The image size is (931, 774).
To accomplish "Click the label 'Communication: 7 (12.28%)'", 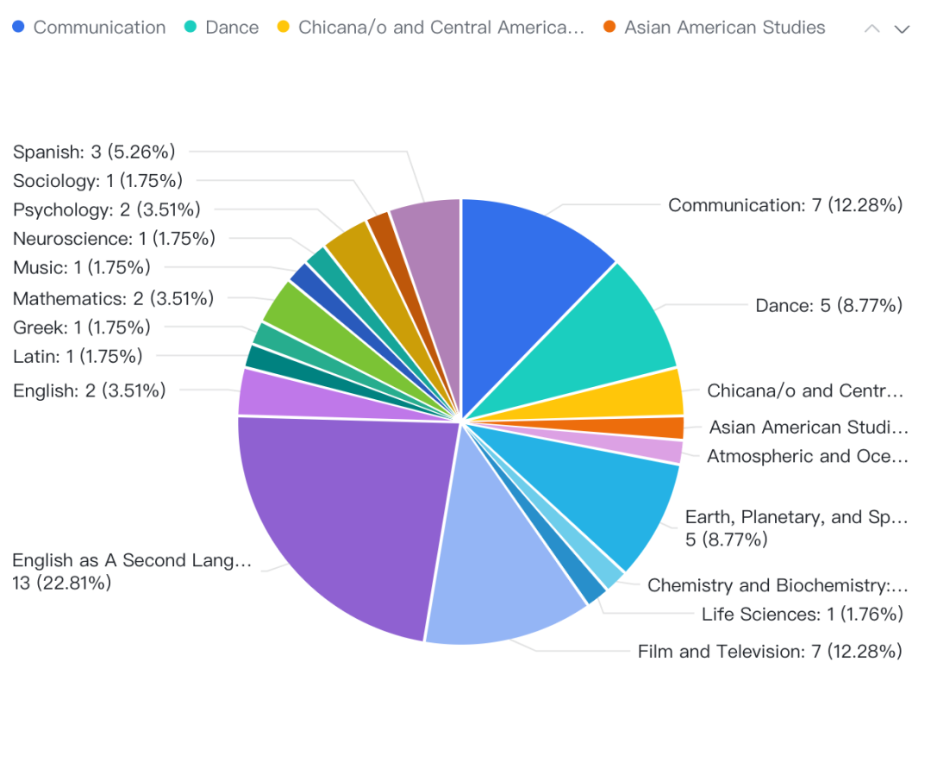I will point(785,205).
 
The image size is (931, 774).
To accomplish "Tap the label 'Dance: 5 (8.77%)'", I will point(828,305).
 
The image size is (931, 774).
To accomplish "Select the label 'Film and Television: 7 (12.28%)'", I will point(770,651).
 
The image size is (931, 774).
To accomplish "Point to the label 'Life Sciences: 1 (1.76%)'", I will point(802,614).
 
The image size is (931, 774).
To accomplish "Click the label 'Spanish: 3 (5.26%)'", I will point(94,152).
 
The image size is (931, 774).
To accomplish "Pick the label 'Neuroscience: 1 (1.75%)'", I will point(114,238).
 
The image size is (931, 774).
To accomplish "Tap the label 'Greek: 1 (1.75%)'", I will point(82,328).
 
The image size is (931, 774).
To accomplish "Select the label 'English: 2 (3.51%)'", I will point(89,390).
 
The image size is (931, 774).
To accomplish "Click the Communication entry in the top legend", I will point(89,28).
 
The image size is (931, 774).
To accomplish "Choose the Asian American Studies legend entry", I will point(715,28).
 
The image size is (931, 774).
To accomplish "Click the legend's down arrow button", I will point(902,28).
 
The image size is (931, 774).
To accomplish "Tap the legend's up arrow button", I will point(872,28).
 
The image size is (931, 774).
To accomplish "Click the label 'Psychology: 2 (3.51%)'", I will point(106,209).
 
